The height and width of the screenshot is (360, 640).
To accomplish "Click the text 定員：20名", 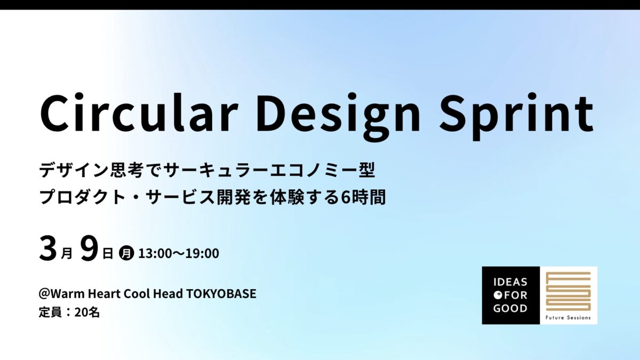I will click(x=69, y=313).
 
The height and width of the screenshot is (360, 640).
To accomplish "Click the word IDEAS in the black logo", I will click(x=510, y=282).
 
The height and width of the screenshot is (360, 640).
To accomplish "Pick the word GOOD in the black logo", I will click(x=510, y=308).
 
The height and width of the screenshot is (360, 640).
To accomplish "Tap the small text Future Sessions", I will click(x=568, y=318).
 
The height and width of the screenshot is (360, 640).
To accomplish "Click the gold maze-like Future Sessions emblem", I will click(x=568, y=292).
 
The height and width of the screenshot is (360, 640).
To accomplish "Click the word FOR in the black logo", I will click(x=515, y=295).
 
